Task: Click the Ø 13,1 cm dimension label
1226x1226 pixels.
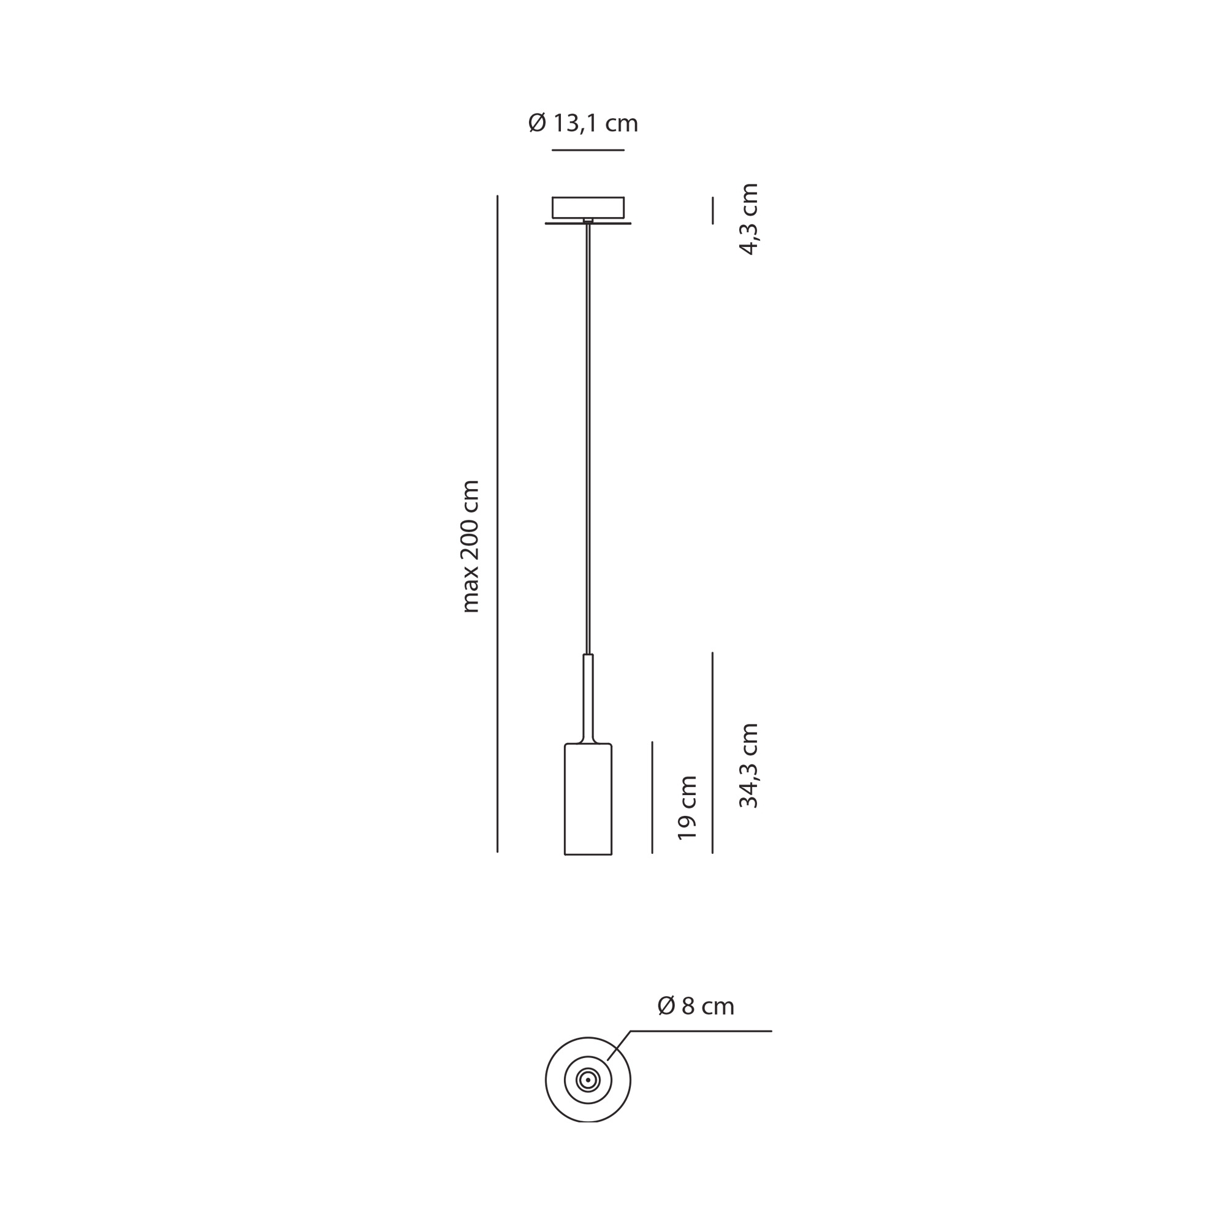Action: pos(582,123)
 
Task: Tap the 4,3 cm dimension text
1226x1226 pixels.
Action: pos(750,219)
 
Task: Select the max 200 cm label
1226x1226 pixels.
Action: pos(470,546)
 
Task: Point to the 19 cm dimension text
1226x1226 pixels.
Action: pos(687,808)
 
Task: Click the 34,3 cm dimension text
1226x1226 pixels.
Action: pos(749,765)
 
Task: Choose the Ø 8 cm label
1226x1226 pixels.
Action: pos(696,1006)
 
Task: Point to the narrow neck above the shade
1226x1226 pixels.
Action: pos(588,698)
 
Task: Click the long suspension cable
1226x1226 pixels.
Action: pos(588,438)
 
